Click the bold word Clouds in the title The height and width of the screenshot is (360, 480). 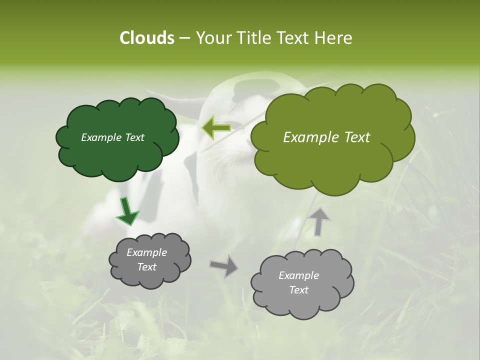146,38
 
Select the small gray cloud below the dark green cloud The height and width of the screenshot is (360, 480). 150,278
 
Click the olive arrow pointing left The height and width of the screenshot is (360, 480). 216,128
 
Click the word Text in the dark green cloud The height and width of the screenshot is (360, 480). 134,137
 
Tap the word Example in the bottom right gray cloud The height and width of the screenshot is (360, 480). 298,275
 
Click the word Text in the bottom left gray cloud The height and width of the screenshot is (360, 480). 147,267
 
